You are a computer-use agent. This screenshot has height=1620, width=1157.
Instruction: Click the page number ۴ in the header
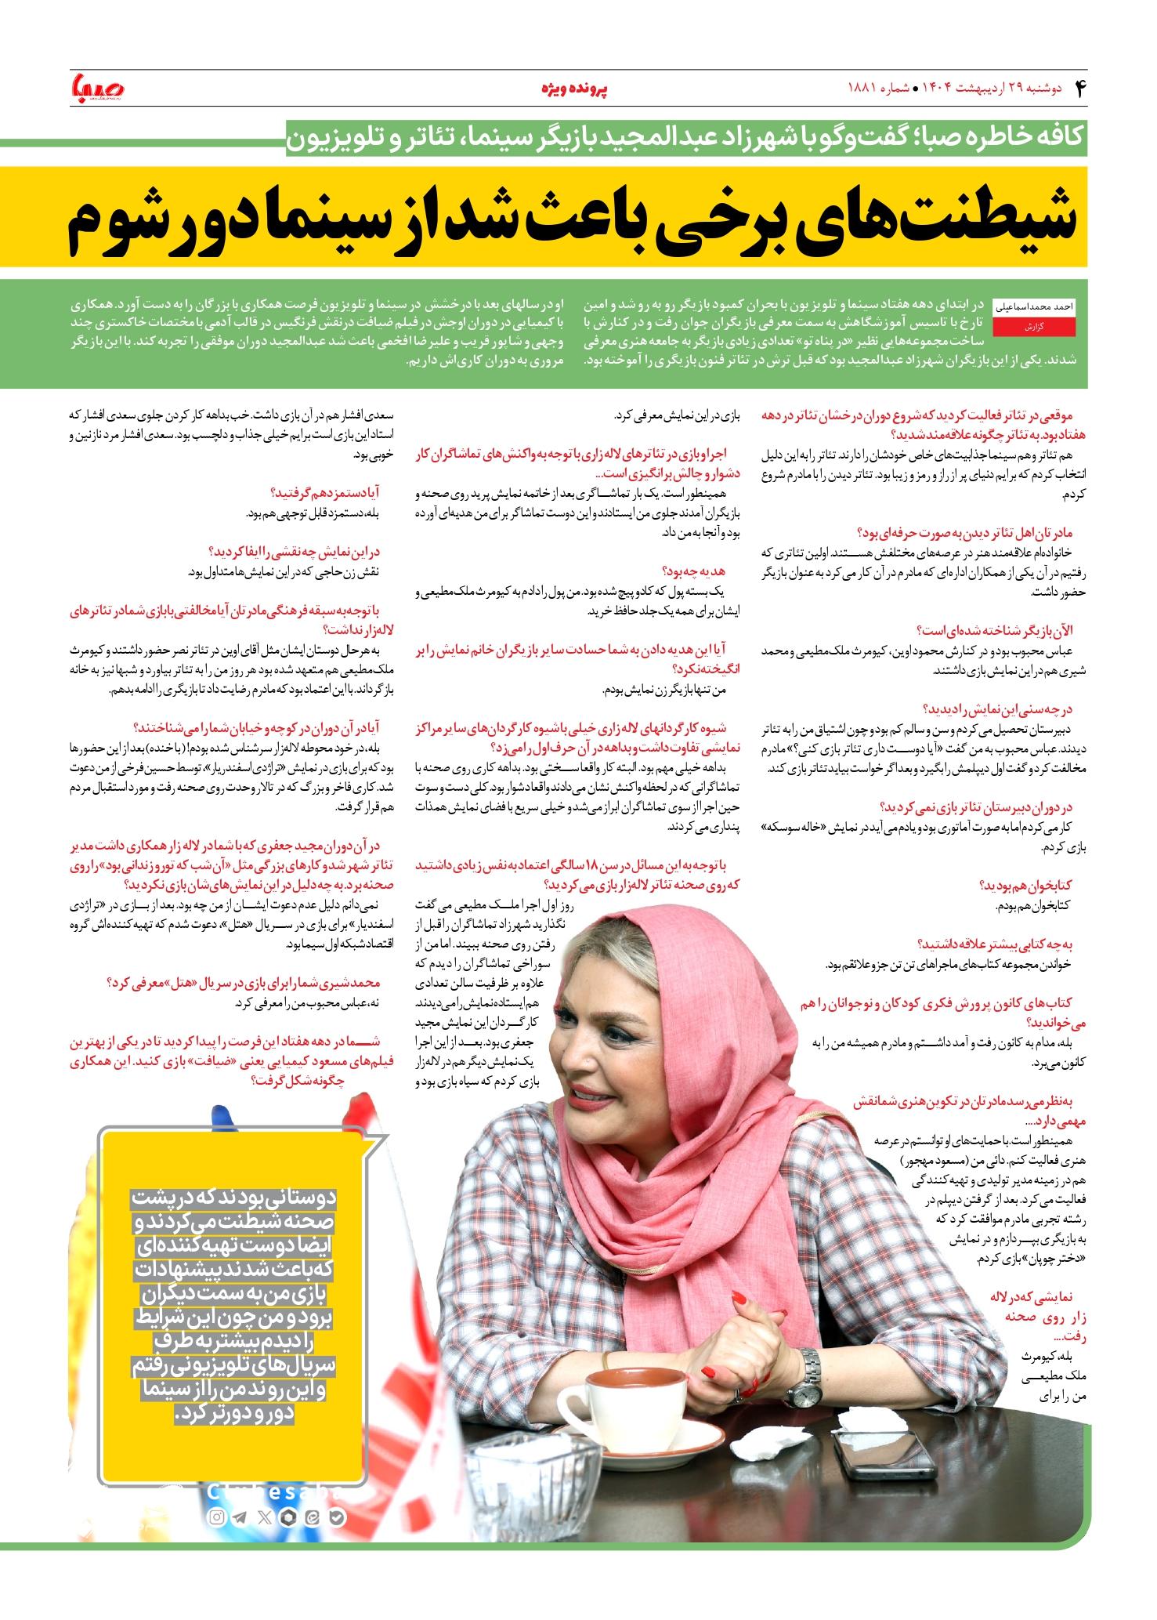point(1080,88)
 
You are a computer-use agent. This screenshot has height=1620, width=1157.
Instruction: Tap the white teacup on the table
point(627,1408)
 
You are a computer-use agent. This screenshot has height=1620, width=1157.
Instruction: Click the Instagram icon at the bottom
point(216,1518)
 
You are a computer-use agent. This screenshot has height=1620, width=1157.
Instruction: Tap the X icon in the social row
point(264,1518)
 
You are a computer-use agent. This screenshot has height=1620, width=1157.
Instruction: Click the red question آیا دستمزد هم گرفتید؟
point(325,493)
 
